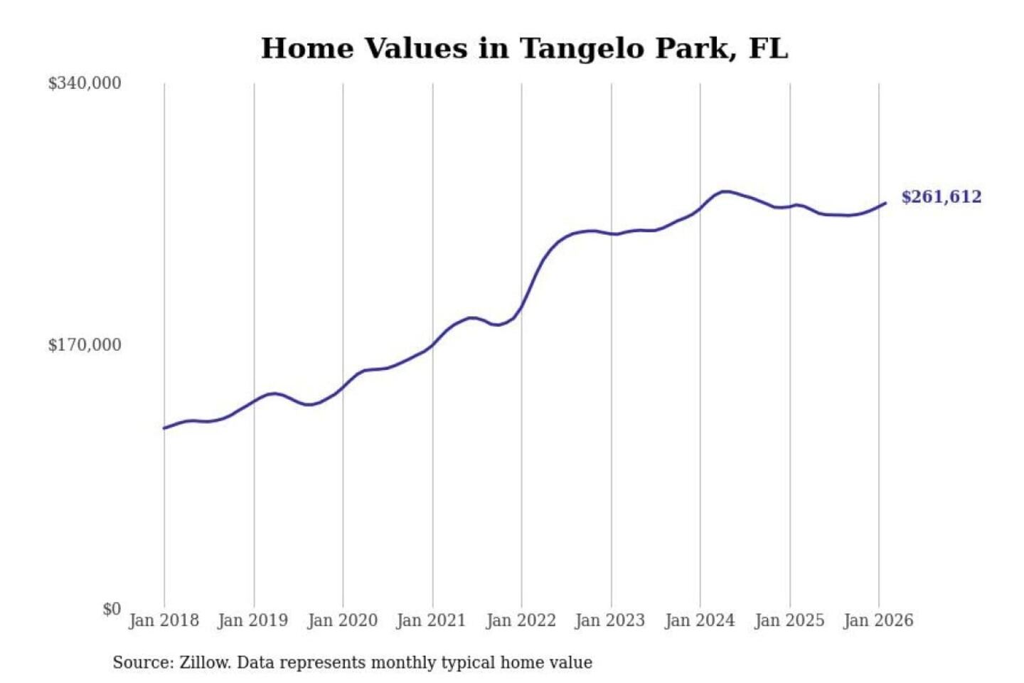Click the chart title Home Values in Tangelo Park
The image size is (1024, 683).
pos(524,48)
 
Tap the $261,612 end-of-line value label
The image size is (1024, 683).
pos(941,197)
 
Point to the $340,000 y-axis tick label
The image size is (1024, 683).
pos(85,83)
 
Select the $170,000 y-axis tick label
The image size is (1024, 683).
pos(85,345)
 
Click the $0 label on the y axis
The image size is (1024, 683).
pos(112,609)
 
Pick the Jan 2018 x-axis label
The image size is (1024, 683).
pos(164,620)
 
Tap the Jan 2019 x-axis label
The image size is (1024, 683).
pos(252,620)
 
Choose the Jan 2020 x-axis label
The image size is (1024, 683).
pos(342,620)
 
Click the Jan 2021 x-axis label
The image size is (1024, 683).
pos(431,620)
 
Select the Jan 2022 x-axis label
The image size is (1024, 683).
pos(521,620)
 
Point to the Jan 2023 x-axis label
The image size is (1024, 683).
pos(609,620)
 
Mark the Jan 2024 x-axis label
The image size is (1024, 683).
pos(699,620)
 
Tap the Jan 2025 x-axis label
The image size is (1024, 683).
pos(789,620)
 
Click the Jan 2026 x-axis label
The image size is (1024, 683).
pos(878,620)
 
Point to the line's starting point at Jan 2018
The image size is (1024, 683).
pos(164,428)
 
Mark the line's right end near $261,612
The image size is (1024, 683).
pos(885,203)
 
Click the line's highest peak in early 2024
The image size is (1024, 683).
pos(725,191)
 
